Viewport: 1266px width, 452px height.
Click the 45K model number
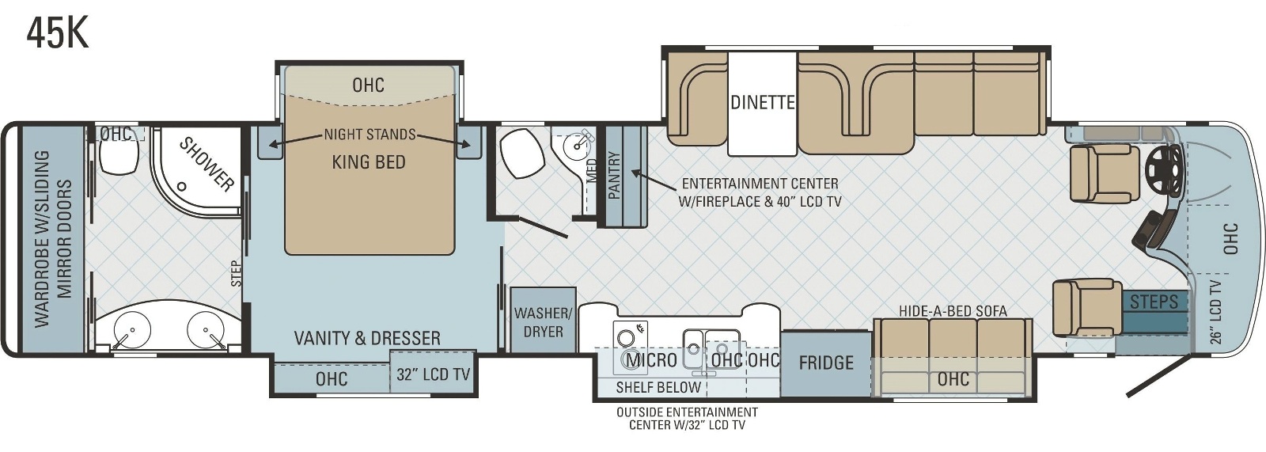(58, 33)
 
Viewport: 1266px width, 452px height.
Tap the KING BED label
(369, 162)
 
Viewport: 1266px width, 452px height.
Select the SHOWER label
(207, 164)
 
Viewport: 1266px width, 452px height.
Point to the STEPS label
(1154, 302)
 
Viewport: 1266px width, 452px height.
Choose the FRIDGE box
(826, 363)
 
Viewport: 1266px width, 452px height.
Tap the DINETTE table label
(763, 102)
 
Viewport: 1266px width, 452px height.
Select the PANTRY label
(614, 176)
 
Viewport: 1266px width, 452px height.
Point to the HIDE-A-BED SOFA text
(953, 310)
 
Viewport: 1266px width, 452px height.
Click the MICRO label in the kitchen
(652, 360)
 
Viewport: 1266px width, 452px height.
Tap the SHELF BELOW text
(658, 388)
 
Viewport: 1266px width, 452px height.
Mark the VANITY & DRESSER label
(367, 338)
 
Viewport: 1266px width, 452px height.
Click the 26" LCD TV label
(1215, 312)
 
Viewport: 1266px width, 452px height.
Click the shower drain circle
(182, 186)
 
